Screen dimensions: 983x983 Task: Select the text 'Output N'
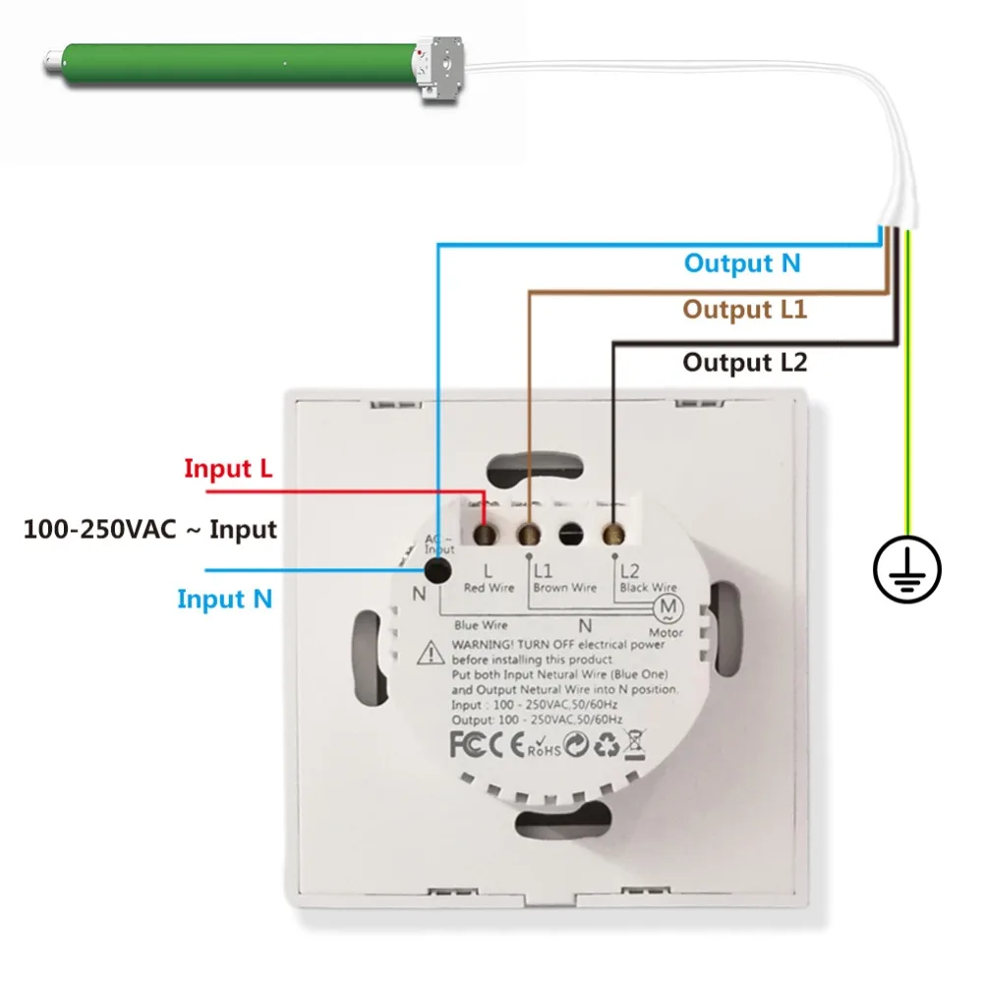(742, 263)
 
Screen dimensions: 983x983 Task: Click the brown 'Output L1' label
(744, 311)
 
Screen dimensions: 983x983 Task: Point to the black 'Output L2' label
(744, 363)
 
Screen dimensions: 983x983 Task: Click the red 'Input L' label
(228, 469)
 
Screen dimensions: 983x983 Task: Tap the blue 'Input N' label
(224, 599)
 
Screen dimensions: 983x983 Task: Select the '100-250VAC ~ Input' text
(150, 531)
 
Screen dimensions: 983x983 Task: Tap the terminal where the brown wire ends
(530, 535)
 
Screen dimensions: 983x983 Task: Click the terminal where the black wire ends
(615, 534)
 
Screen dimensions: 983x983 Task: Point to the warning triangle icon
(430, 651)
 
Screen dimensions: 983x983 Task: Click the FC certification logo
(468, 745)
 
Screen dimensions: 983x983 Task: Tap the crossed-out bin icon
(634, 744)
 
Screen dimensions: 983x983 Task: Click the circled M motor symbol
(669, 607)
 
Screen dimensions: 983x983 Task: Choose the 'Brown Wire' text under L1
(564, 588)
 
